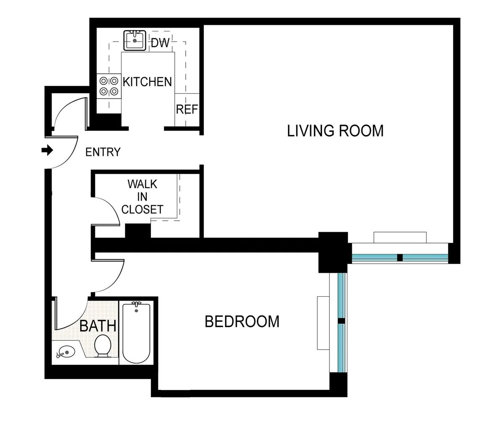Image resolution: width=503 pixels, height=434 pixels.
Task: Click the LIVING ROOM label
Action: tap(335, 131)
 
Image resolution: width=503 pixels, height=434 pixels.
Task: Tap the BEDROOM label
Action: tap(242, 322)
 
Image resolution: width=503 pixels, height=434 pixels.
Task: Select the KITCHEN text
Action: tap(147, 81)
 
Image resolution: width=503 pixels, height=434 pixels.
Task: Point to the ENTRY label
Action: tap(103, 152)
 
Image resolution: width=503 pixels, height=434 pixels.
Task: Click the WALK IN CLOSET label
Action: tap(142, 196)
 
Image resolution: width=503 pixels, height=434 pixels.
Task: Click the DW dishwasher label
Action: tap(159, 42)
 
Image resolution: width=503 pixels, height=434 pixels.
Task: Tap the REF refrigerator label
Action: tap(187, 110)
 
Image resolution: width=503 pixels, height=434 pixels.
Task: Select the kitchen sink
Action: tap(135, 40)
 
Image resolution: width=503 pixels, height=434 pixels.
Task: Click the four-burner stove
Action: tap(108, 86)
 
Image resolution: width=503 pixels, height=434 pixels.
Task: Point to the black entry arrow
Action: tap(47, 150)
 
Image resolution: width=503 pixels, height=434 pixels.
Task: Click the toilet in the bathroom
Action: tap(103, 346)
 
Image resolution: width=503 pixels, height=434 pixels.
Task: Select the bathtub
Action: tap(136, 332)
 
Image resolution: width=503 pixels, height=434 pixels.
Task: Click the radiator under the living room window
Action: tap(400, 237)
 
